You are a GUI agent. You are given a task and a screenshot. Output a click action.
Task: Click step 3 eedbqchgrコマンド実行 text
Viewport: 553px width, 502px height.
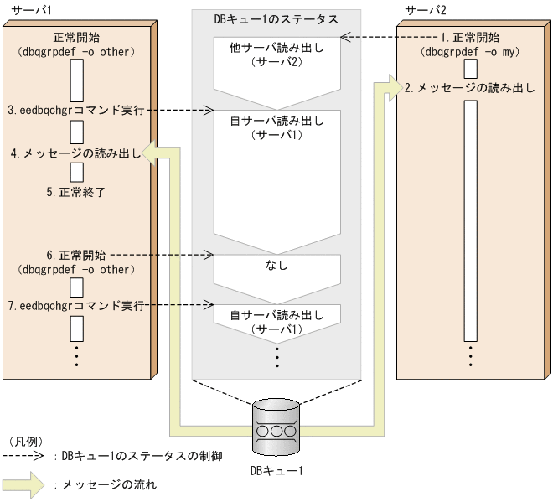(76, 110)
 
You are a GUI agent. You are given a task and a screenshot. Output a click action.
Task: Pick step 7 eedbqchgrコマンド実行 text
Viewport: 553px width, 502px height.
(76, 306)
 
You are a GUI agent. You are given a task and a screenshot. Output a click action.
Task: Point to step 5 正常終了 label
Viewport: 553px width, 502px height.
(75, 191)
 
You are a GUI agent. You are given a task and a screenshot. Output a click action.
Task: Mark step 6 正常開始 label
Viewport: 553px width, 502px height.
(75, 254)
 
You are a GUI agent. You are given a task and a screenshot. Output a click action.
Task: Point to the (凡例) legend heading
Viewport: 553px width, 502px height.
(25, 441)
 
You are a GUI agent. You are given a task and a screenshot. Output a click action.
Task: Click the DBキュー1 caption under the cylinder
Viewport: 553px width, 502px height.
(277, 470)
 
